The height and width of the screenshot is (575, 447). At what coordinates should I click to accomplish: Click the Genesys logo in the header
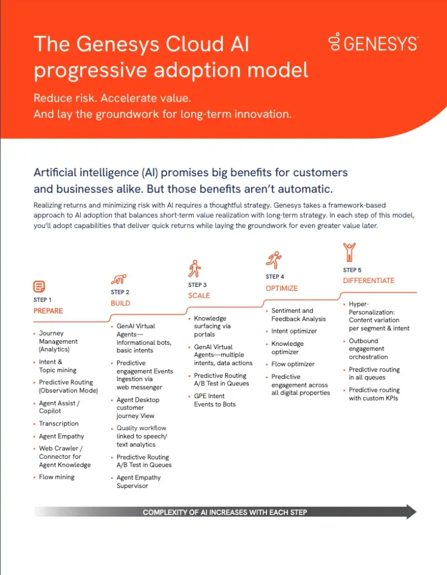pyautogui.click(x=373, y=43)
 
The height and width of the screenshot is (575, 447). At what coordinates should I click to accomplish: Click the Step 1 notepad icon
pyautogui.click(x=39, y=287)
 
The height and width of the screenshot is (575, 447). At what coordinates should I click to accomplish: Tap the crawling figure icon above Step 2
pyautogui.click(x=119, y=279)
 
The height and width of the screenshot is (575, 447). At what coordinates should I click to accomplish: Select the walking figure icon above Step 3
pyautogui.click(x=194, y=268)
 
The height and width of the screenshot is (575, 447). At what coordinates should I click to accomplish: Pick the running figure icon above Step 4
pyautogui.click(x=273, y=261)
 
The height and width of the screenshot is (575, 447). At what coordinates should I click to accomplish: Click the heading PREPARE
pyautogui.click(x=48, y=311)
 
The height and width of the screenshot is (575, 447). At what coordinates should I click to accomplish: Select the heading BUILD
pyautogui.click(x=120, y=303)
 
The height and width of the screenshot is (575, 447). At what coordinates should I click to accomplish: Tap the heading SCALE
pyautogui.click(x=199, y=295)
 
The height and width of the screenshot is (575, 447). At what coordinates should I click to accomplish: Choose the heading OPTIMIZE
pyautogui.click(x=281, y=288)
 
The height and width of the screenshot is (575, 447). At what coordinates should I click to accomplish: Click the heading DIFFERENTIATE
pyautogui.click(x=368, y=281)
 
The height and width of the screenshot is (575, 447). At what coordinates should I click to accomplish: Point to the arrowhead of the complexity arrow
pyautogui.click(x=411, y=512)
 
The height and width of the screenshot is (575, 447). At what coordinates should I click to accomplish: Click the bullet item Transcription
pyautogui.click(x=58, y=423)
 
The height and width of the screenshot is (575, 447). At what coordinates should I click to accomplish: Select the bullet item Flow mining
pyautogui.click(x=56, y=477)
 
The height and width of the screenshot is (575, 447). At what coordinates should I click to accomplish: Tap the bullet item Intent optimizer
pyautogui.click(x=294, y=331)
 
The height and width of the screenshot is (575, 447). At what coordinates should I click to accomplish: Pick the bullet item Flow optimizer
pyautogui.click(x=293, y=364)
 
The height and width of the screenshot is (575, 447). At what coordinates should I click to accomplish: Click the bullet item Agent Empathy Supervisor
pyautogui.click(x=138, y=481)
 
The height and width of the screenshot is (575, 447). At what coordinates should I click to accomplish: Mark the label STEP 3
pyautogui.click(x=197, y=285)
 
